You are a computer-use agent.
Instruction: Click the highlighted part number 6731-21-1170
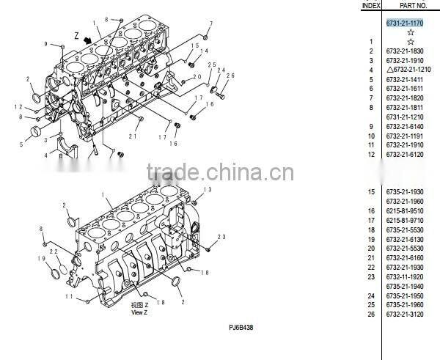405,23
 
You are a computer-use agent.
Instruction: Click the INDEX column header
371,5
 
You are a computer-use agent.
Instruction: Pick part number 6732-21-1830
405,51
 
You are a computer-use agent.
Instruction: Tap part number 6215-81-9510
405,211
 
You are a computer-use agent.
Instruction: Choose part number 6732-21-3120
405,315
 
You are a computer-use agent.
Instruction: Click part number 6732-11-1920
405,277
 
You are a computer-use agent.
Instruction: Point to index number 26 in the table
371,315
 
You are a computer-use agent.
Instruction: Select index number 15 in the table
371,192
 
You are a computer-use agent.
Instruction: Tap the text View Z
139,312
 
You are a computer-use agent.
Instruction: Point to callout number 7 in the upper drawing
211,24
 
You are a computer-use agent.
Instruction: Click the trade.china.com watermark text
220,174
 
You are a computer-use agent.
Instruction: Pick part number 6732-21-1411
405,79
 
